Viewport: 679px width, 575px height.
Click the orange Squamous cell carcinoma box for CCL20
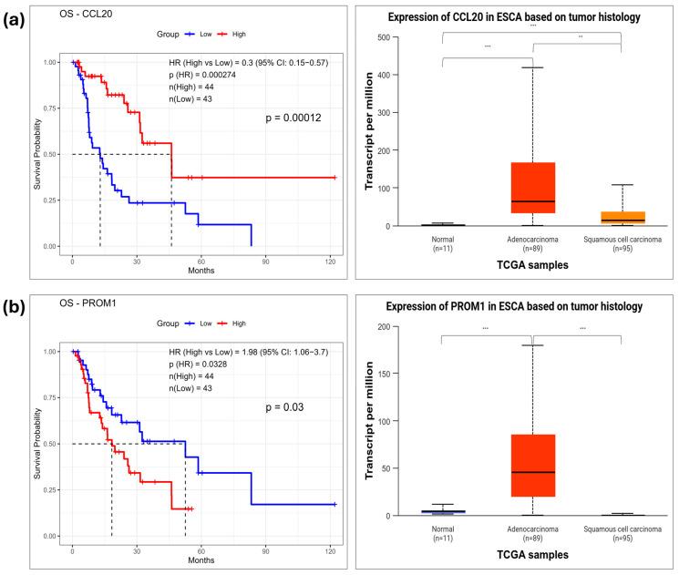point(621,218)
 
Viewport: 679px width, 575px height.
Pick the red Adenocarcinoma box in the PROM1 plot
point(532,466)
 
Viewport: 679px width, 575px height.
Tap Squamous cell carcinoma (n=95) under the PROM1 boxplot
point(621,530)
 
